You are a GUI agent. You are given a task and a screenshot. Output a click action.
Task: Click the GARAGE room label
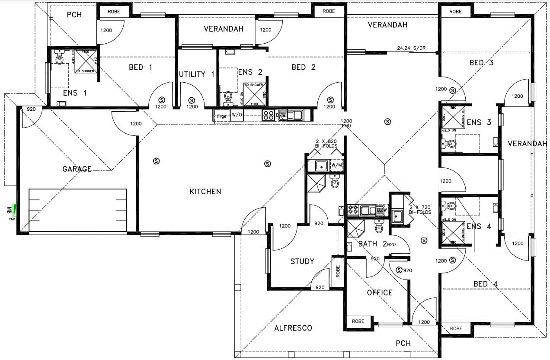point(77,169)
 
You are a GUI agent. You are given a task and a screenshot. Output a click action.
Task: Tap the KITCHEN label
point(205,192)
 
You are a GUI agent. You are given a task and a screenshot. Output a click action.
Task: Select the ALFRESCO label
point(293,328)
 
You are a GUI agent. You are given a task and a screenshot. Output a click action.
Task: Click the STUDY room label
point(302,261)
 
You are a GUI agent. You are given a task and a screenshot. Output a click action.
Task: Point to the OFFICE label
point(380,293)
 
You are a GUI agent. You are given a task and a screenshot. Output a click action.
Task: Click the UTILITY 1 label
point(197,74)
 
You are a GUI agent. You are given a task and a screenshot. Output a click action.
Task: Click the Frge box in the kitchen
point(221,116)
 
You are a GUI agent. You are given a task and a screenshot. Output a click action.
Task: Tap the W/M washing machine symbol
point(337,165)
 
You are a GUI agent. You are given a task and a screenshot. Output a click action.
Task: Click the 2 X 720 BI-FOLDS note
point(420,210)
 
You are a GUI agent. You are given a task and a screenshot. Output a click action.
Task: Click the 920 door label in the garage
point(31,110)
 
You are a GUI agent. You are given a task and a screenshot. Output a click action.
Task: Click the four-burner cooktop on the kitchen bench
point(268,115)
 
